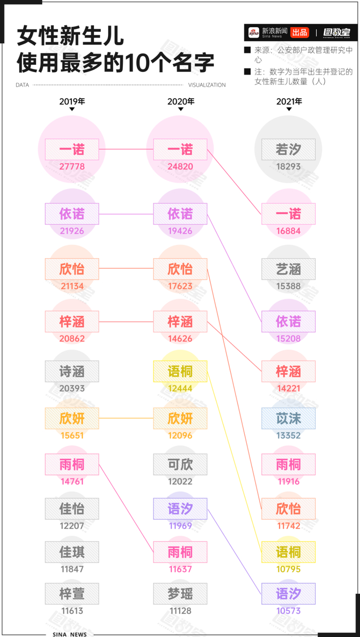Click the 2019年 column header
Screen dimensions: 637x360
point(72,101)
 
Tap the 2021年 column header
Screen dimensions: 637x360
point(289,101)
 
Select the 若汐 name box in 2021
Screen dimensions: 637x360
point(289,149)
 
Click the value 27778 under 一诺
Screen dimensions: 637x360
point(72,167)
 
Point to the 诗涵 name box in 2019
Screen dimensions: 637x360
point(72,371)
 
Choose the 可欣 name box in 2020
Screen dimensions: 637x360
point(180,464)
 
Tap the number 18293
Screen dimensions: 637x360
point(289,167)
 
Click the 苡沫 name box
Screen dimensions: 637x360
point(289,418)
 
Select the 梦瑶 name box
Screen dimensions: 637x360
point(180,593)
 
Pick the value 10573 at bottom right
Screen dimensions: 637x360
point(289,611)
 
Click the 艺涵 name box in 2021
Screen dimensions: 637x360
point(289,269)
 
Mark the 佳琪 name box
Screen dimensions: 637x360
point(72,552)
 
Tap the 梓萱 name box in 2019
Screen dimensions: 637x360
point(72,593)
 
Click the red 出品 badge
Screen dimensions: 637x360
point(299,32)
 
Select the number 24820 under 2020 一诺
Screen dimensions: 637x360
point(180,167)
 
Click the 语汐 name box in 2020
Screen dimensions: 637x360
point(180,508)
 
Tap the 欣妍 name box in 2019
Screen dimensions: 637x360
point(72,418)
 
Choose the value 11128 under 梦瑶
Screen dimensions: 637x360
point(180,611)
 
